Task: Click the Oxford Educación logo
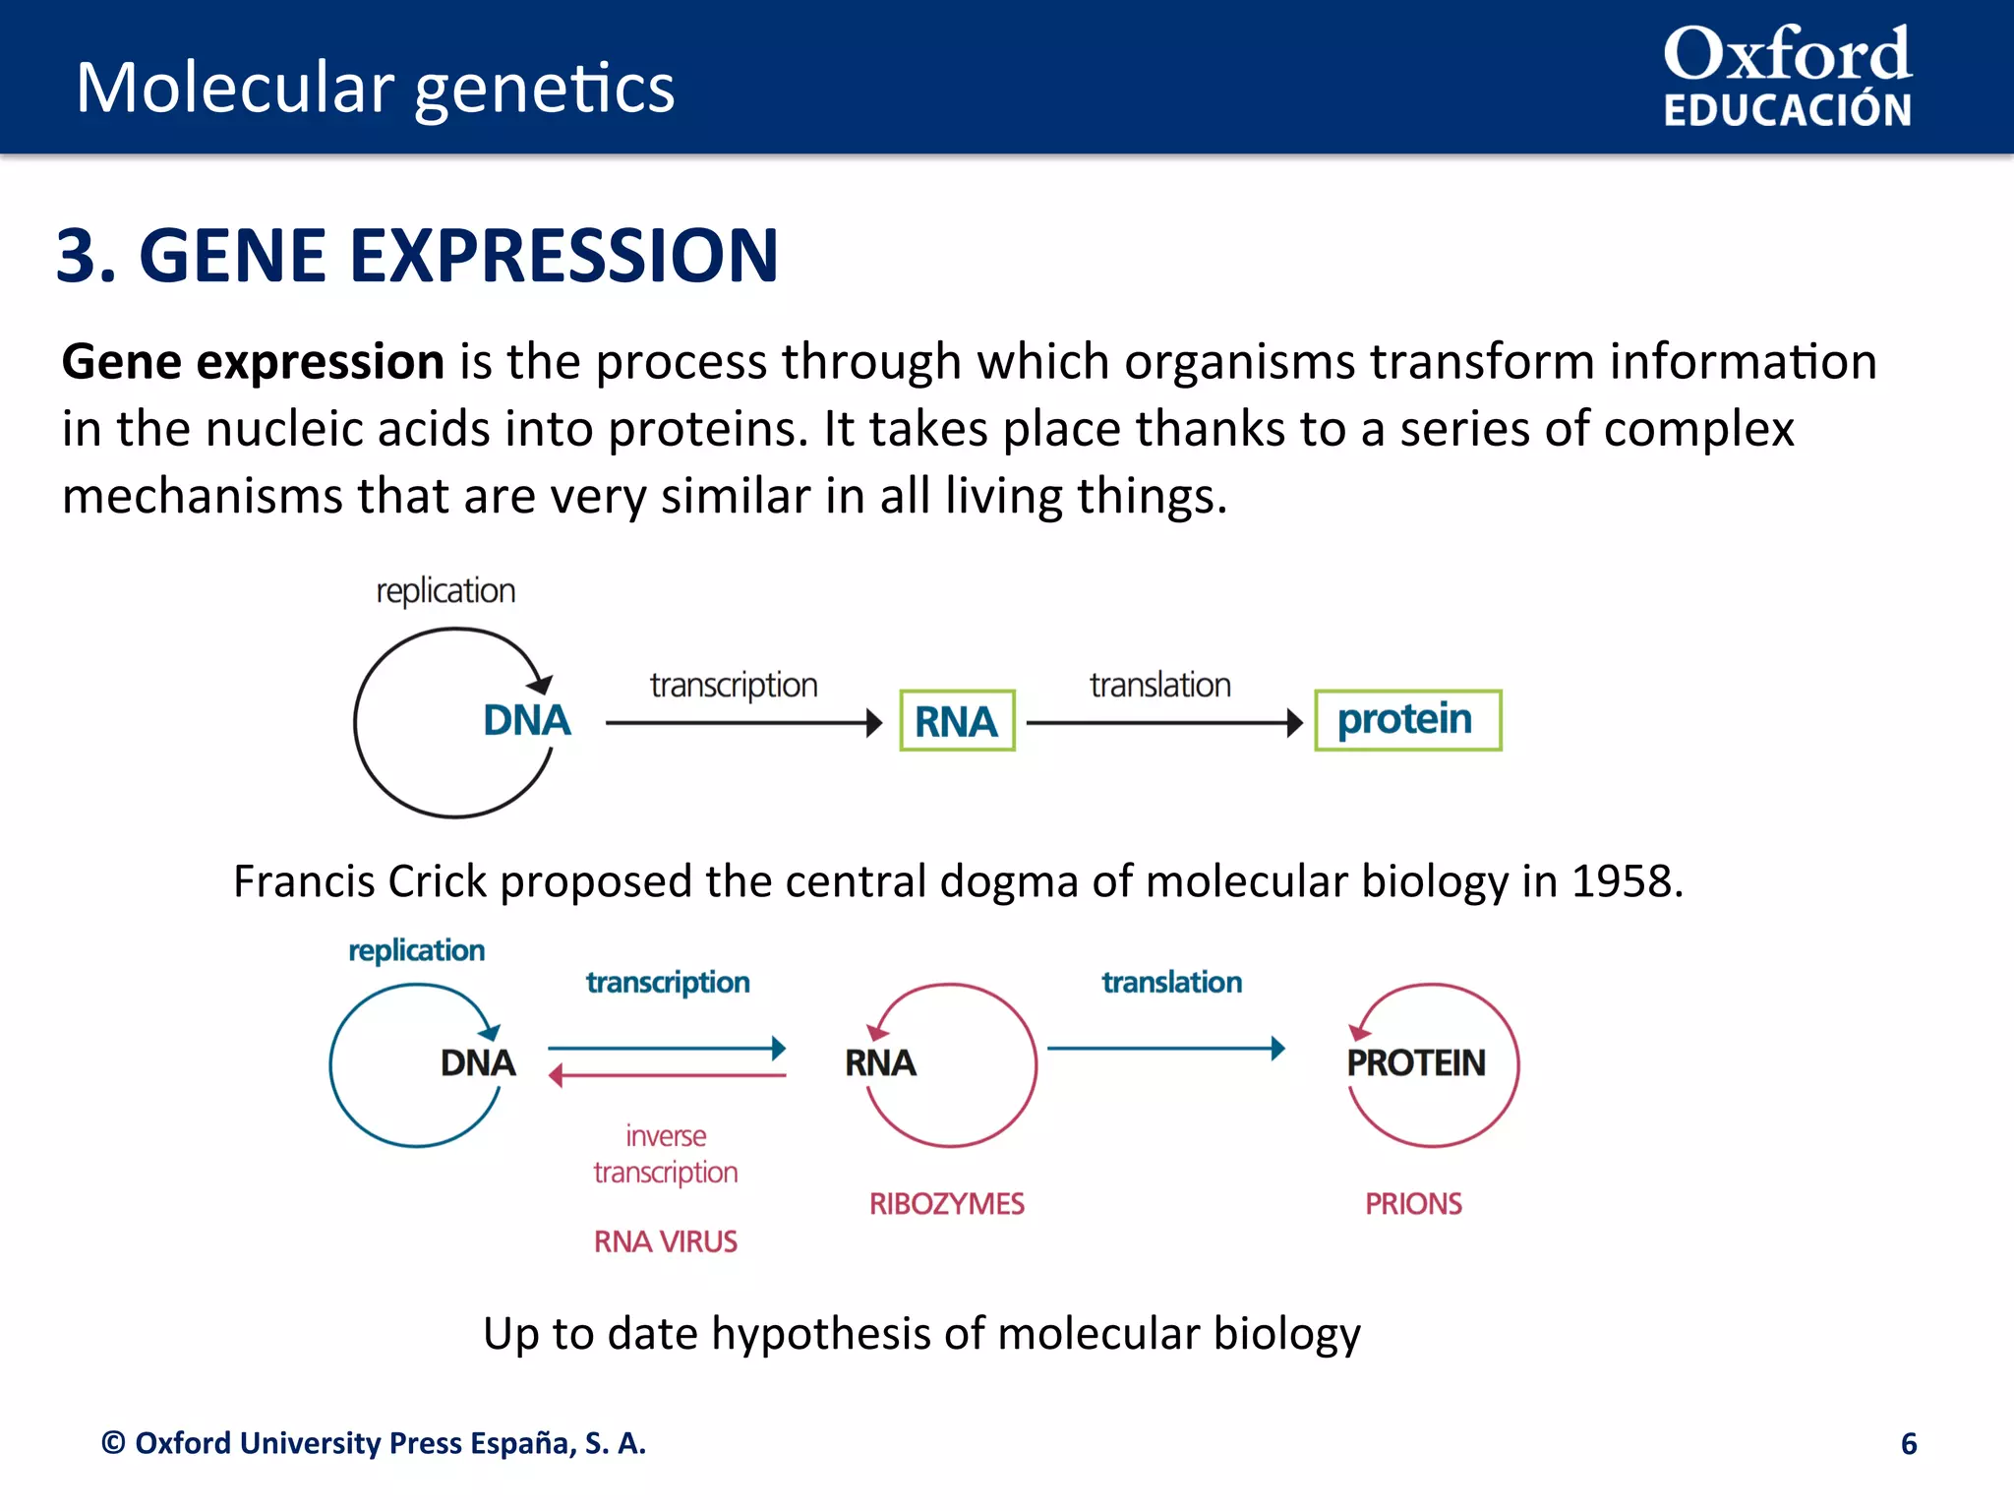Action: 1787,78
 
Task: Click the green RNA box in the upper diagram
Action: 957,721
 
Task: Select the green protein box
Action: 1407,720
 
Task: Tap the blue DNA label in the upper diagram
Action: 526,720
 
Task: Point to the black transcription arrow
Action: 742,723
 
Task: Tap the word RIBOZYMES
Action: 946,1203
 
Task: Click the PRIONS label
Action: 1413,1203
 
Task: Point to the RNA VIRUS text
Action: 665,1241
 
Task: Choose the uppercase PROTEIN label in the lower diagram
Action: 1415,1062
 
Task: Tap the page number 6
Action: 1908,1443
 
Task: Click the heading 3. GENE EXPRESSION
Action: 417,256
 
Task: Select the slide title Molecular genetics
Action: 376,88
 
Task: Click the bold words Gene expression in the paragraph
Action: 253,361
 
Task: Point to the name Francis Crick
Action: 360,881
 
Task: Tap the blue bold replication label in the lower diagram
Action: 416,950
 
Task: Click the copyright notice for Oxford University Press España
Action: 374,1443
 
